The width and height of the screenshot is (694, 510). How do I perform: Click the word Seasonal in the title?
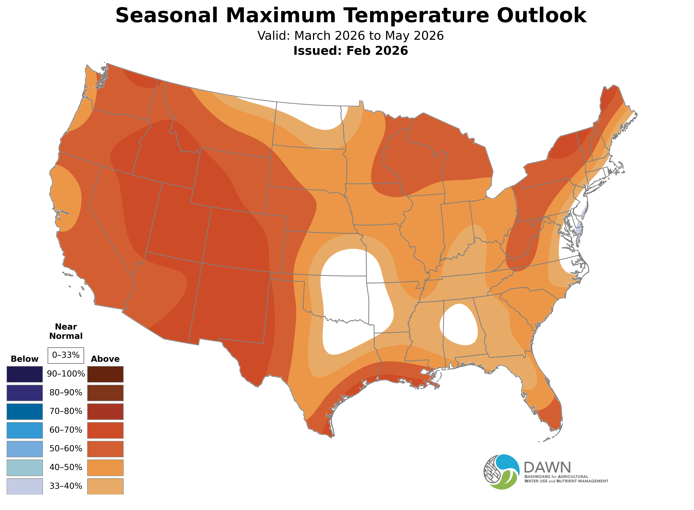click(167, 15)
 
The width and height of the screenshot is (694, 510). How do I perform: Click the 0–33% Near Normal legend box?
click(66, 355)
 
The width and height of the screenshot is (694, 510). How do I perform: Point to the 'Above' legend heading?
click(105, 359)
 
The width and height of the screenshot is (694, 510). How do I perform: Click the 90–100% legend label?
click(66, 374)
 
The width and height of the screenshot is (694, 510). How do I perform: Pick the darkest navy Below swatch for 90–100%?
click(25, 374)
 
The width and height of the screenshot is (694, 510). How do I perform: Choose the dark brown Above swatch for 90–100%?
click(105, 374)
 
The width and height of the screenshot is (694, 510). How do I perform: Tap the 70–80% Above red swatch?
click(105, 411)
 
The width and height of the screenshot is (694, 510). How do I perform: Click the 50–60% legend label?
click(66, 449)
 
